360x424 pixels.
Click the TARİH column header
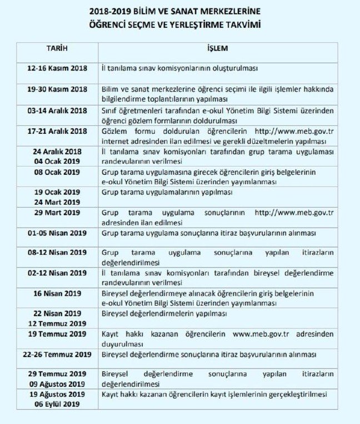click(x=57, y=49)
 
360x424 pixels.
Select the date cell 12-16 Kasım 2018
click(x=57, y=68)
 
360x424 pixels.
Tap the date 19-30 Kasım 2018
click(x=57, y=89)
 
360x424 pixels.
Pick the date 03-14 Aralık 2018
click(x=57, y=110)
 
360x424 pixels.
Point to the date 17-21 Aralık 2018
click(x=57, y=131)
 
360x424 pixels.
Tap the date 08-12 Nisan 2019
click(x=57, y=253)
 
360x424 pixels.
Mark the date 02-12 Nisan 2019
click(x=57, y=273)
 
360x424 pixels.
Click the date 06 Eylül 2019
click(x=57, y=404)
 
